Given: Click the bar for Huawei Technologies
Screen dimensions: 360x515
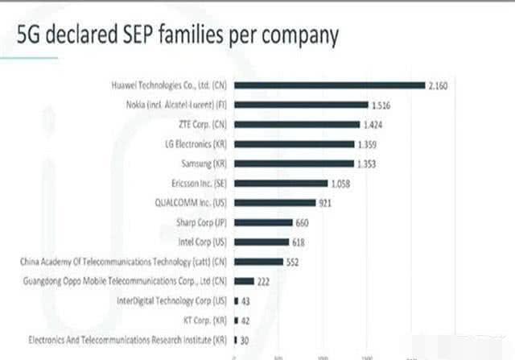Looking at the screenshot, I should tap(330, 85).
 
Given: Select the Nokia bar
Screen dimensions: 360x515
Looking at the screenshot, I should tap(301, 105).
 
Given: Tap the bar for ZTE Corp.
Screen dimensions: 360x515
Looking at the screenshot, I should tap(297, 125).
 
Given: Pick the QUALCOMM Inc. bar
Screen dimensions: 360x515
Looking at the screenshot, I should tap(275, 203).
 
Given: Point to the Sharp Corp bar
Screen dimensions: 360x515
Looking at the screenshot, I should tap(263, 222).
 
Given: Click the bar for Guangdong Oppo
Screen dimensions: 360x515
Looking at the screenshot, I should tap(244, 281).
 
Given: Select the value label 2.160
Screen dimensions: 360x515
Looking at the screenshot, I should tap(439, 85).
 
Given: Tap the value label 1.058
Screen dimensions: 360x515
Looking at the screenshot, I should tap(341, 183).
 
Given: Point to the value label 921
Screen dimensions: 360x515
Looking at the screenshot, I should tap(325, 203).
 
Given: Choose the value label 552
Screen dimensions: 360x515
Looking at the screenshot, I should tap(294, 262).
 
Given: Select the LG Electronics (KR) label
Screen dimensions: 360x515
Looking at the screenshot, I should tap(196, 144).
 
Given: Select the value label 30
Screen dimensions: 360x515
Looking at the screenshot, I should tap(244, 340).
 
